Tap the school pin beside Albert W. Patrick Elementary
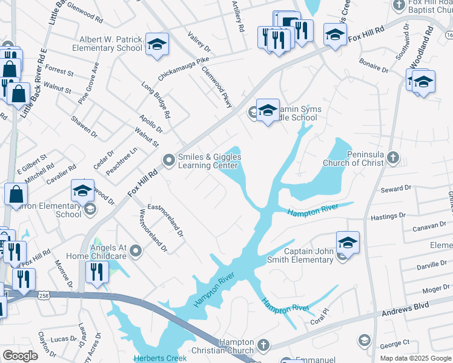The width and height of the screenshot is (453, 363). point(157,44)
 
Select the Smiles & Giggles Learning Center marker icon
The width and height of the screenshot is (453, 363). point(168,160)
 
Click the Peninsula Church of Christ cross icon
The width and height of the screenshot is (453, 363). point(393,159)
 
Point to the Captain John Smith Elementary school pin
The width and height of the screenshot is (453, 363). point(348,243)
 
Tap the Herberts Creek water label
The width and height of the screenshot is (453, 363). point(161,358)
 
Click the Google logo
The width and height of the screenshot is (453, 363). point(20,355)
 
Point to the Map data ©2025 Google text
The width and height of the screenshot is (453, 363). point(415,358)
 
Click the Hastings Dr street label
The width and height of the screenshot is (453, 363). point(388,216)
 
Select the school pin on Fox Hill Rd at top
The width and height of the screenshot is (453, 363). point(334,35)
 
